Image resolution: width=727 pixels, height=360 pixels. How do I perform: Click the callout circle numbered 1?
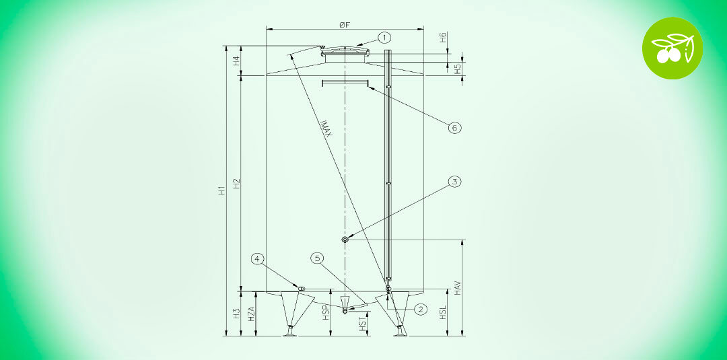(x=384, y=36)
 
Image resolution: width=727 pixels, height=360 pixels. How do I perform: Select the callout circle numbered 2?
(x=421, y=310)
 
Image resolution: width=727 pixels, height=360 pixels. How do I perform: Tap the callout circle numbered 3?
(x=455, y=182)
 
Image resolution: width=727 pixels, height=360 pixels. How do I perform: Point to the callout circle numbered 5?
(x=318, y=258)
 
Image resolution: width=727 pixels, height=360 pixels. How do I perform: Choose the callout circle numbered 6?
(x=455, y=128)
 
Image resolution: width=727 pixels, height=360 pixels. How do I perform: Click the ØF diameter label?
(x=344, y=25)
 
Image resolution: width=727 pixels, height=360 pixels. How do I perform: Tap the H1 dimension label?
(x=222, y=190)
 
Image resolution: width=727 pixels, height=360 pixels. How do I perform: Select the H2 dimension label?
(x=236, y=183)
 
